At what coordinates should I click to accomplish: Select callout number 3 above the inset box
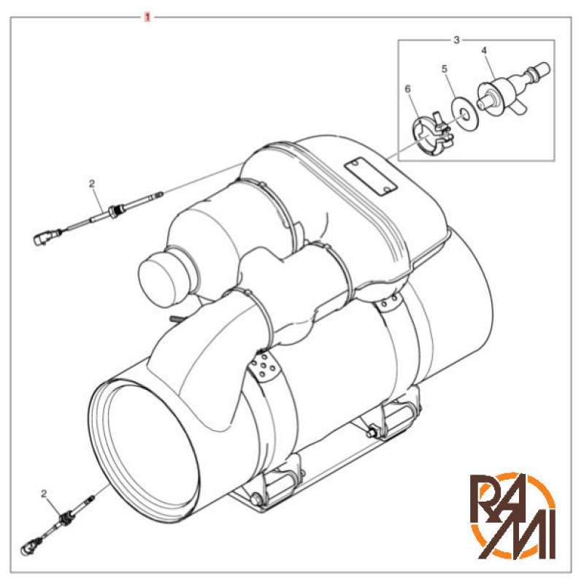tap(456, 39)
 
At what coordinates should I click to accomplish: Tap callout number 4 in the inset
tap(484, 51)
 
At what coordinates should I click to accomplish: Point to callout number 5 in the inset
tap(443, 69)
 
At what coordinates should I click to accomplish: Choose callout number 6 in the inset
tap(408, 88)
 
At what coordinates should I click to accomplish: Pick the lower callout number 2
tap(44, 494)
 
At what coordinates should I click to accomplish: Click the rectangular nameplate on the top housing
tap(370, 176)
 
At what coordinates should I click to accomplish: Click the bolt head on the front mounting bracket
tap(256, 499)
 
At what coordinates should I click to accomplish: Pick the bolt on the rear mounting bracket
tap(374, 435)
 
